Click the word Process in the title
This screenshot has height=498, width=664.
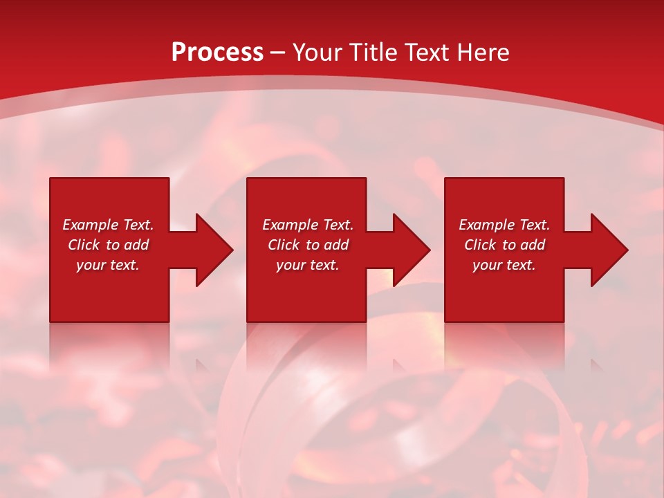(x=217, y=53)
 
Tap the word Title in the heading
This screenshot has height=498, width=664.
(x=374, y=53)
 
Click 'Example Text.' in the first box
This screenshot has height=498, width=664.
(x=108, y=225)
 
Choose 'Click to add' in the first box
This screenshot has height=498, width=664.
(x=108, y=245)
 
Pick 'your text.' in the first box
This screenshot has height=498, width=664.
(x=108, y=265)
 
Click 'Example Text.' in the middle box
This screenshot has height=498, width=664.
(x=308, y=225)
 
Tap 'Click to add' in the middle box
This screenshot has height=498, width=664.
(x=308, y=245)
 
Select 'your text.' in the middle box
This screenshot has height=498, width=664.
(x=308, y=265)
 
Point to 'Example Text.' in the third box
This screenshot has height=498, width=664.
(x=504, y=225)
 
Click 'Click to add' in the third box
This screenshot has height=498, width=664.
(x=504, y=245)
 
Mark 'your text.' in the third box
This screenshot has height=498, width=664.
(x=504, y=265)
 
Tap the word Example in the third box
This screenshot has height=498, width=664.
(x=487, y=225)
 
